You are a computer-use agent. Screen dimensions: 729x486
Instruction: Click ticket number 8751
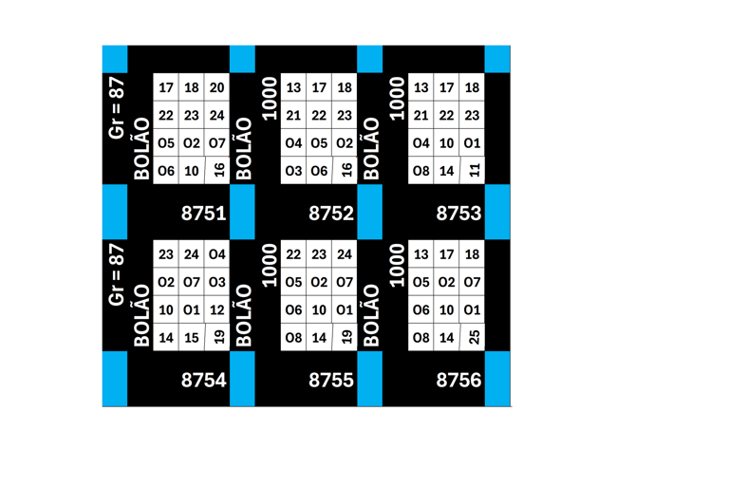pos(203,213)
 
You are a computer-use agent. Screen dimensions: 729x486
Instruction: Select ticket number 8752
pos(330,213)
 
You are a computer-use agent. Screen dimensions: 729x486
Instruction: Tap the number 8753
pos(458,213)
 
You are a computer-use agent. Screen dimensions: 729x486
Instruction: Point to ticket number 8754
pos(203,380)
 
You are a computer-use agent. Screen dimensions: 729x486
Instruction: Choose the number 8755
pos(330,380)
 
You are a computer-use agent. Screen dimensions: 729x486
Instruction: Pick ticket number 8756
pos(458,380)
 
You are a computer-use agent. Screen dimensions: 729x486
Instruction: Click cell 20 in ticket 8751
pos(216,88)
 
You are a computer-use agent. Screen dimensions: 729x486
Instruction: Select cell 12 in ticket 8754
pos(216,310)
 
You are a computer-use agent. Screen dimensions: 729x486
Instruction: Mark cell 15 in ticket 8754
pos(192,338)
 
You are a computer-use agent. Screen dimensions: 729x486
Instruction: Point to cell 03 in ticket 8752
pos(293,171)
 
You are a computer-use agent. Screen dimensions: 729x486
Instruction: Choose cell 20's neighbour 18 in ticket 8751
pos(192,88)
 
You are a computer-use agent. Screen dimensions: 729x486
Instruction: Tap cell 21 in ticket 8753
pos(421,116)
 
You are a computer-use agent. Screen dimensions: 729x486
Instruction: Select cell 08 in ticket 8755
pos(293,338)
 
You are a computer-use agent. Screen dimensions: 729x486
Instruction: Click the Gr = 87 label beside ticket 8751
pos(118,107)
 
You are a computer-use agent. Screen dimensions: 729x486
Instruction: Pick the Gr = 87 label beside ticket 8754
pos(118,274)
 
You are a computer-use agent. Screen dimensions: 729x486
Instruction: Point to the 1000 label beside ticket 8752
pos(270,99)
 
